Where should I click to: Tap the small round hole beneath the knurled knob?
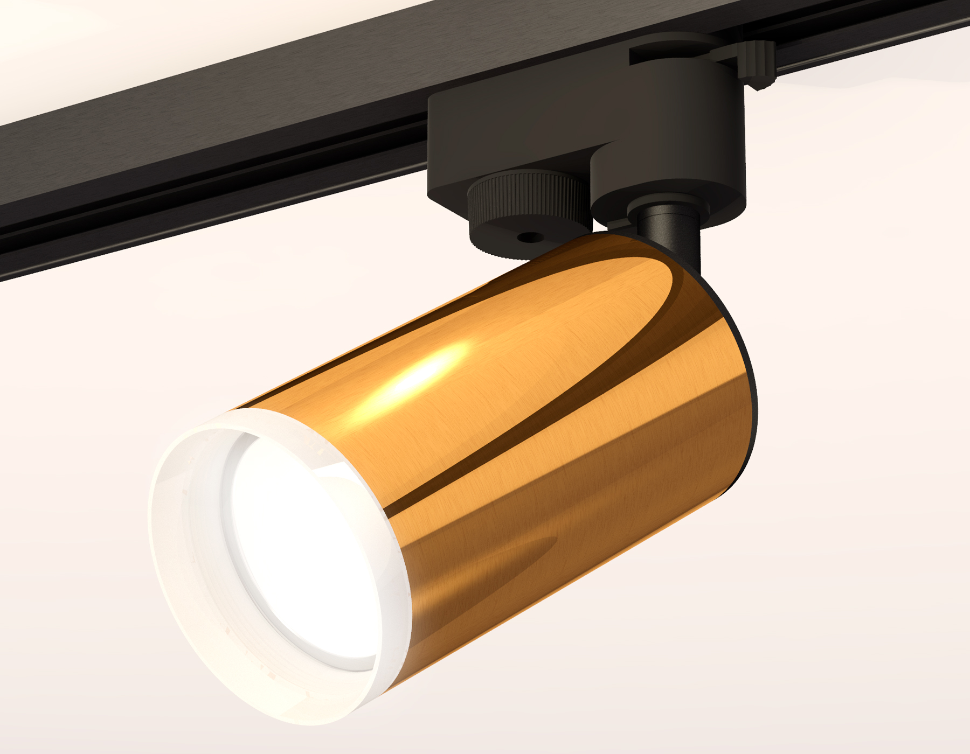529,237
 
